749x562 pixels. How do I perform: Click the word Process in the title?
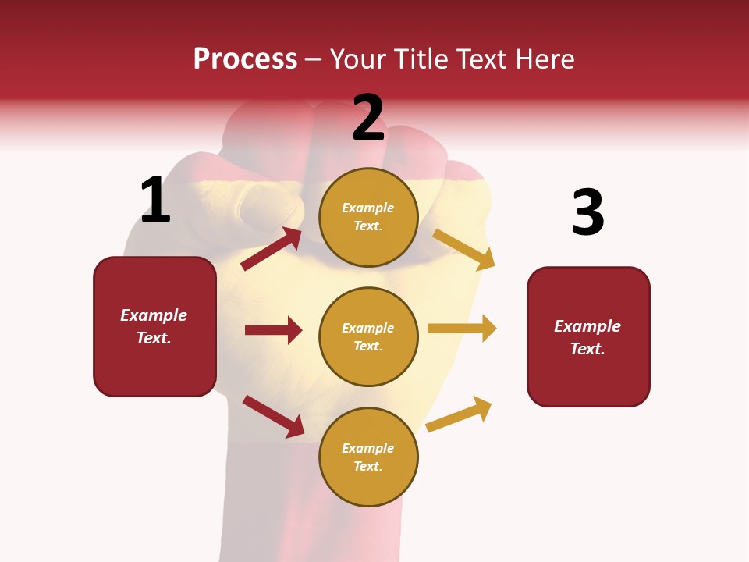(x=245, y=59)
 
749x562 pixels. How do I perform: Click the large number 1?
(x=155, y=201)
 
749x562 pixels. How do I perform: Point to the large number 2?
(x=368, y=119)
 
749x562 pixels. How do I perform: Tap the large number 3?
(x=587, y=213)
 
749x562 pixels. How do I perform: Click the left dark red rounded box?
(x=154, y=326)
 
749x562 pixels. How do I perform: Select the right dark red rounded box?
(x=588, y=337)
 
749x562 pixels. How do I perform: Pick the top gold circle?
(x=368, y=217)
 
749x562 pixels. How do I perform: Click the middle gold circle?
(x=368, y=336)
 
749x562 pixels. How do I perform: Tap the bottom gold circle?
(x=368, y=457)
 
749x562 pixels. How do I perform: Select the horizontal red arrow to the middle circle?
(x=273, y=330)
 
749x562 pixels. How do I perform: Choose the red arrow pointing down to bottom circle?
(x=273, y=415)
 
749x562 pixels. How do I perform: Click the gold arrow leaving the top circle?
(x=463, y=249)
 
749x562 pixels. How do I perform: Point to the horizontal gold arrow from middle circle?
(x=462, y=329)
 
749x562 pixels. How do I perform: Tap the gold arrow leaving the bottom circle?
(x=459, y=414)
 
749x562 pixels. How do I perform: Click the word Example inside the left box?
(x=154, y=315)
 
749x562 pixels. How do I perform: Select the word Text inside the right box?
(x=587, y=349)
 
